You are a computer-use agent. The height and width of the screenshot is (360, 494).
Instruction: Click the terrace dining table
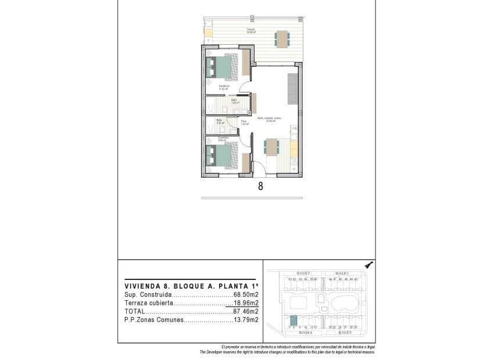click(x=282, y=38)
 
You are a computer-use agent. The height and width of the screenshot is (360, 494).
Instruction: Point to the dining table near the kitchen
click(x=271, y=147)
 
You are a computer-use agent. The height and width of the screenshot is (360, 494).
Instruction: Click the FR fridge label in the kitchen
click(x=295, y=128)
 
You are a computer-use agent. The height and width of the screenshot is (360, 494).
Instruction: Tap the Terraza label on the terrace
click(x=250, y=30)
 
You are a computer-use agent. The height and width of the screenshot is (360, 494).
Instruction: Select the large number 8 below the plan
click(x=260, y=186)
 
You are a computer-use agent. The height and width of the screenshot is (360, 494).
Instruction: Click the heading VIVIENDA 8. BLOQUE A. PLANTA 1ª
click(x=191, y=286)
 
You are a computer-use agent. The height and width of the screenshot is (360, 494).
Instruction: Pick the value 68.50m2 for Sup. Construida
click(x=246, y=295)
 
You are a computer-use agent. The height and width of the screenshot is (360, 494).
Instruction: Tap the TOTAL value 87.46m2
click(x=246, y=311)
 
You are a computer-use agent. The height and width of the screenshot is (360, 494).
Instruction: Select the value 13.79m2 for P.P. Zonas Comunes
click(x=246, y=319)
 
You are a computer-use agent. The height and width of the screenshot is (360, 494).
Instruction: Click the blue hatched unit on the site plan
click(x=294, y=320)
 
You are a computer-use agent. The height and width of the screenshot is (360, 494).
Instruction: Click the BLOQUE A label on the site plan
click(x=305, y=333)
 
